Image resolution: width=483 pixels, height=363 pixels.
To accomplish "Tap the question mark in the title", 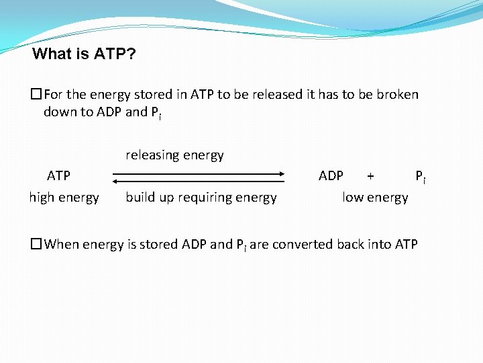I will (131, 54).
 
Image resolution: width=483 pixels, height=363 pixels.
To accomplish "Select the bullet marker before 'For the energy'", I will (36, 95).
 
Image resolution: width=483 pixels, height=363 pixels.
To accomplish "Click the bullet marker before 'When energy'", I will (36, 245).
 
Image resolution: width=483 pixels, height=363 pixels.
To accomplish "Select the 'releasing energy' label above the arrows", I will (174, 155).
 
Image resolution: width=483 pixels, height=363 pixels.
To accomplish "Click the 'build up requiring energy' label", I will (201, 198).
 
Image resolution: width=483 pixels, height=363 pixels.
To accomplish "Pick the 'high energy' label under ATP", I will (64, 198).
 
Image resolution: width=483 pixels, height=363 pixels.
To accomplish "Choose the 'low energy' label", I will (375, 198).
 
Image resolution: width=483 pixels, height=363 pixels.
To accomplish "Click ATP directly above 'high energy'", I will (58, 176).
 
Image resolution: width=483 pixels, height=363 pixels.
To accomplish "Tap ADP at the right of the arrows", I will (331, 176).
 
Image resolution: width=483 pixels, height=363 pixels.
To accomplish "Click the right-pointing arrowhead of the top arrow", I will (282, 174).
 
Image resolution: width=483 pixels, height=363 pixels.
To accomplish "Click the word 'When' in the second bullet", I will (62, 245).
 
